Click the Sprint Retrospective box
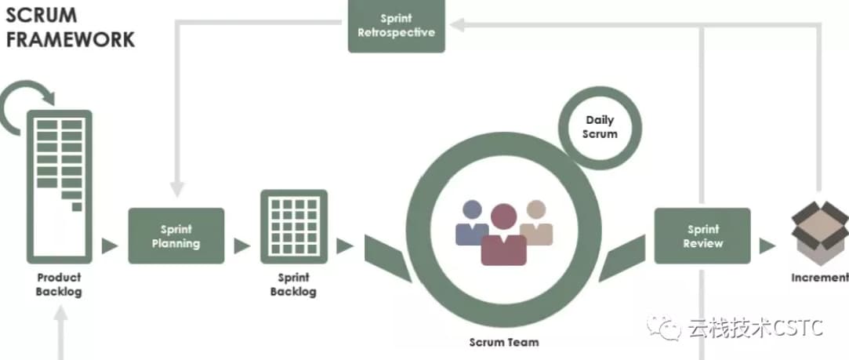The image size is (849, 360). pos(396,26)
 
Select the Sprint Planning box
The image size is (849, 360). pos(176,236)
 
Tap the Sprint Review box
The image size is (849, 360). pos(702,236)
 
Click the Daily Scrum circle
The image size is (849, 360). pos(600,127)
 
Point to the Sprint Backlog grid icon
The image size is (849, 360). pos(293,225)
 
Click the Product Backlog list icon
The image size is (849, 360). pos(60,187)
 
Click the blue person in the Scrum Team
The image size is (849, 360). pos(472,223)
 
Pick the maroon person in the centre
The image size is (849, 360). pos(503,236)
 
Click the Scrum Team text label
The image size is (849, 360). pos(504,342)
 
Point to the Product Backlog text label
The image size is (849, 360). pos(59,285)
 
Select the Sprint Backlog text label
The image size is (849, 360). pos(293,285)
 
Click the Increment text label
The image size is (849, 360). pos(819,278)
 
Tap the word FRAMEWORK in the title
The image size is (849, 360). pos(71,39)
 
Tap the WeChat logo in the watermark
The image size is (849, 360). pos(668,328)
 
